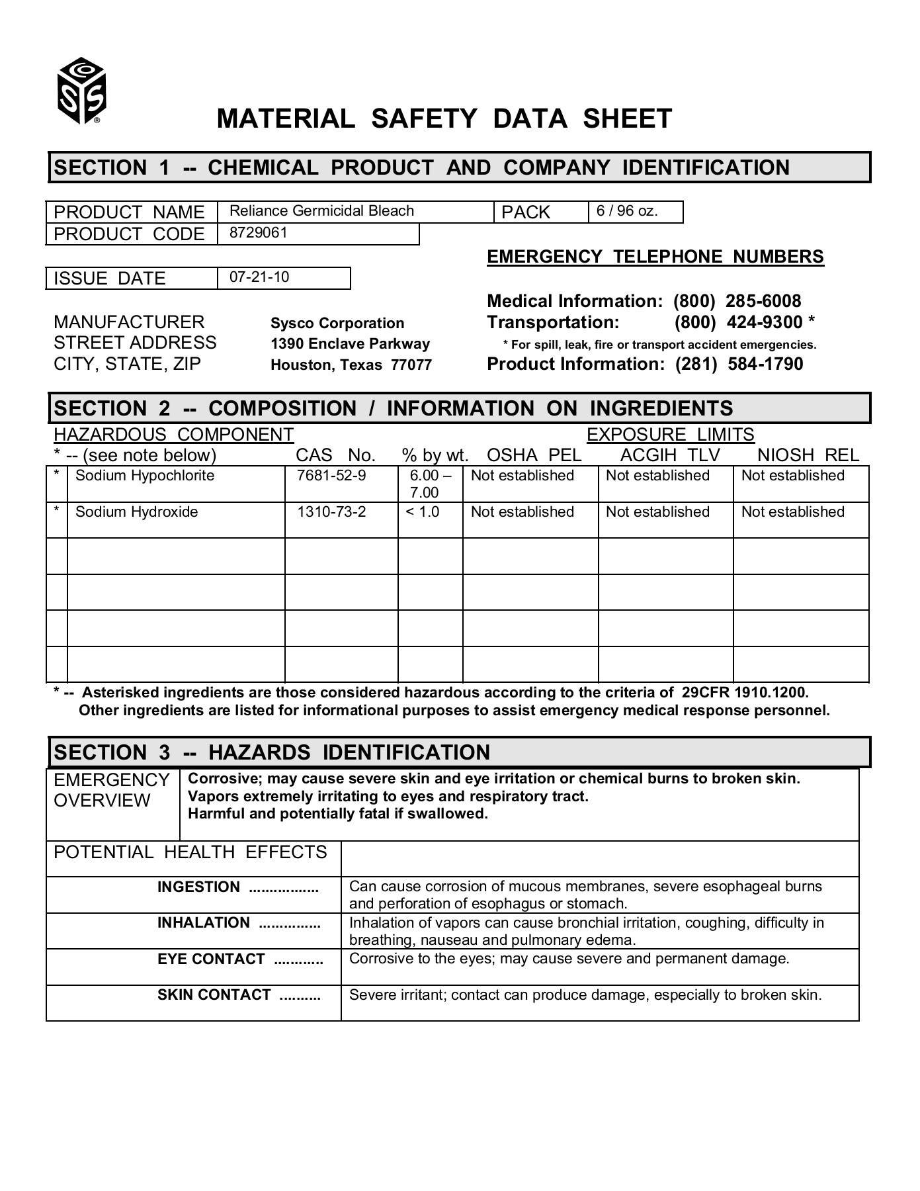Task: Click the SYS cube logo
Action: tap(81, 91)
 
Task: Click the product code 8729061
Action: tap(259, 233)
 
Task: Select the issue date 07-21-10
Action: tap(259, 277)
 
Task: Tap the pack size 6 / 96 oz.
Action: tap(627, 211)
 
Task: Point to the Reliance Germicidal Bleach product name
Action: tap(321, 211)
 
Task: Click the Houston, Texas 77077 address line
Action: tap(351, 365)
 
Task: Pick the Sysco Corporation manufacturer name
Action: tap(337, 324)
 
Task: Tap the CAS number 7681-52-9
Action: tap(331, 476)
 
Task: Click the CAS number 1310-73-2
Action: tap(331, 512)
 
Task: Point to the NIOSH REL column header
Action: tap(808, 455)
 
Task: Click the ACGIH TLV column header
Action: tap(669, 455)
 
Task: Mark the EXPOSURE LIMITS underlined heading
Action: tap(670, 435)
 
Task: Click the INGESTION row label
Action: tap(198, 887)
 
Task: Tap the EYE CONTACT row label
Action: tap(211, 959)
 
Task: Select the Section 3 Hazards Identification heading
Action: tap(272, 752)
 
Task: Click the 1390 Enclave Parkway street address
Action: tap(350, 344)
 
